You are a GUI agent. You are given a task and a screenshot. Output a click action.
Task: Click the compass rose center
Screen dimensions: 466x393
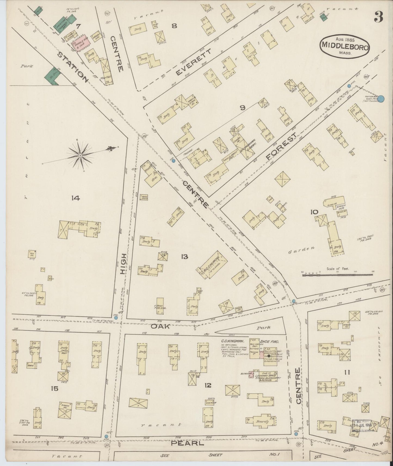[x=80, y=155]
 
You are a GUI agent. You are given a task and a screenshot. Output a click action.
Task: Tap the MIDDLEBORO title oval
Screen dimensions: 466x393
[x=345, y=46]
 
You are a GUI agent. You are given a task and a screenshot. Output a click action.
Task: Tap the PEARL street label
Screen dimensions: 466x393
[x=187, y=443]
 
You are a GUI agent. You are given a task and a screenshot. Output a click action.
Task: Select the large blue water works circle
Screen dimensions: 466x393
[x=381, y=99]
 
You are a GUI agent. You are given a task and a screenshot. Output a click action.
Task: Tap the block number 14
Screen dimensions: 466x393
[x=75, y=198]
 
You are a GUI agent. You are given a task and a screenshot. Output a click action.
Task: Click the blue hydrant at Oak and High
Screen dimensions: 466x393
[x=116, y=318]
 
